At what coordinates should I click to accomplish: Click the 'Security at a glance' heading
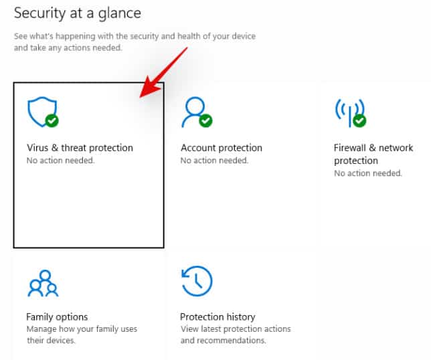point(78,14)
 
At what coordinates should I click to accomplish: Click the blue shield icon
point(42,112)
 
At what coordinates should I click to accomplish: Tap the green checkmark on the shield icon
point(52,120)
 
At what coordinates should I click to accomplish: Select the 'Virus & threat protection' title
point(80,148)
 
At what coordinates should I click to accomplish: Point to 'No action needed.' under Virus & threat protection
point(60,160)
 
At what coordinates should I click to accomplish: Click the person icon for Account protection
point(194,112)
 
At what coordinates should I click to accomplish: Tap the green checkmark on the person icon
point(205,120)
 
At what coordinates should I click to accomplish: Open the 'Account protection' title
point(222,148)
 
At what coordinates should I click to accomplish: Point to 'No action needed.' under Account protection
point(214,160)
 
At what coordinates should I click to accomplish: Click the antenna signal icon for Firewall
point(349,112)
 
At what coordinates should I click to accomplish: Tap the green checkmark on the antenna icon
point(359,120)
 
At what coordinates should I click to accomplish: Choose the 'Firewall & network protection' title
point(373,154)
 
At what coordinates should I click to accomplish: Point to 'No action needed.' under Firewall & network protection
point(368,173)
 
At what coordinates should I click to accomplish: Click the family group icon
point(43,283)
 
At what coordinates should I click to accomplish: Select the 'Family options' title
point(57,317)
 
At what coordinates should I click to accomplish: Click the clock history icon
point(197,281)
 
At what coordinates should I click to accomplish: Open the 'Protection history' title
point(218,317)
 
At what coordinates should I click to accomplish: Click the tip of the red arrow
point(140,97)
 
